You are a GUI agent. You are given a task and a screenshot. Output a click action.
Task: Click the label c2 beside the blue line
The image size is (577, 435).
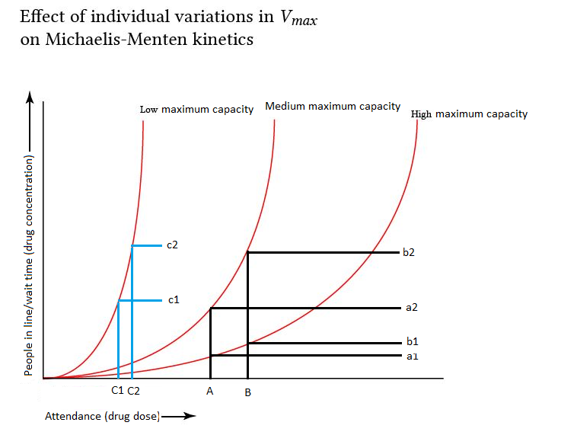coord(172,245)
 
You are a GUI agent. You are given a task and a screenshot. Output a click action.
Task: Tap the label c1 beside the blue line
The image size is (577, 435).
coord(174,300)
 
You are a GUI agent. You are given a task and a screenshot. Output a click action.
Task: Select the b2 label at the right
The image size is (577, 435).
coord(409,252)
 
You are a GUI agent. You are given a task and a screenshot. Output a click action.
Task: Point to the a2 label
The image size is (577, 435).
coord(412,308)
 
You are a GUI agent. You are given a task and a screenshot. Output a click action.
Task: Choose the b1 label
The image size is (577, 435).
coord(413,343)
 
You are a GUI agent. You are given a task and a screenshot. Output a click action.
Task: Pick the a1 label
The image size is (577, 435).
coord(412,356)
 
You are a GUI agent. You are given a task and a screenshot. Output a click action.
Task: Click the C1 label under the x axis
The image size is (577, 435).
coord(117,391)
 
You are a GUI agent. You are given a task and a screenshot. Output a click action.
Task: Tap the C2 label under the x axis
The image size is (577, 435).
coord(133,391)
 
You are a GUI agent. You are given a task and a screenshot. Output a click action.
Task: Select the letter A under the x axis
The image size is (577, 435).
coord(209,391)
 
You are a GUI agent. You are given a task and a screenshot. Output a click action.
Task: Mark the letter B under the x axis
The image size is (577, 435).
coord(248,392)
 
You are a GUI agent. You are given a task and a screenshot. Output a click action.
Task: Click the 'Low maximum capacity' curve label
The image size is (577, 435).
coord(196,110)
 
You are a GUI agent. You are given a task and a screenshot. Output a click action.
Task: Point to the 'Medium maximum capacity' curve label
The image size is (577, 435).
coord(333,107)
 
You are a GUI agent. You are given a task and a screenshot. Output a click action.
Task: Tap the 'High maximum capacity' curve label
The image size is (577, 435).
coord(469,114)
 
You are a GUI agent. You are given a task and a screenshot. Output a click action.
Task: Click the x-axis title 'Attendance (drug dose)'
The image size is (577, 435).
coord(102,416)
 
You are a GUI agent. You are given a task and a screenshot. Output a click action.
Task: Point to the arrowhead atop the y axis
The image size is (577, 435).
coord(30,96)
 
